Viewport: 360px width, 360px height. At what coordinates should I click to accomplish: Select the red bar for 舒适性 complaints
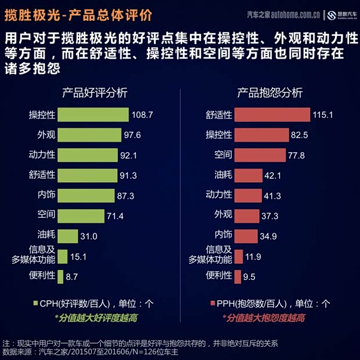pyautogui.click(x=272, y=114)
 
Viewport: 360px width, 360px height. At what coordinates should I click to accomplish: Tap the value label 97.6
pyautogui.click(x=132, y=135)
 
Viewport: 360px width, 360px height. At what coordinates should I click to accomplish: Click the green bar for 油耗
pyautogui.click(x=68, y=236)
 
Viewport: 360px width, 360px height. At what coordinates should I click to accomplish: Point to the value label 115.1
pyautogui.click(x=323, y=115)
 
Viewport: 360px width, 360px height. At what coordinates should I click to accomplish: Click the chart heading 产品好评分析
pyautogui.click(x=95, y=93)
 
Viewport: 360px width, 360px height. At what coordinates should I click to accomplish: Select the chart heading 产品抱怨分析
pyautogui.click(x=269, y=93)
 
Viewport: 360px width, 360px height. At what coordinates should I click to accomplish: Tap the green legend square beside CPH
pyautogui.click(x=35, y=303)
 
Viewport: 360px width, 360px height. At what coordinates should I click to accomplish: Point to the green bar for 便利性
pyautogui.click(x=60, y=276)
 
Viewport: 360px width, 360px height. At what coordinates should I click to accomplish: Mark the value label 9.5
pyautogui.click(x=250, y=277)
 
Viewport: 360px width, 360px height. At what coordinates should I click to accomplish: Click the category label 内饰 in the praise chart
pyautogui.click(x=46, y=195)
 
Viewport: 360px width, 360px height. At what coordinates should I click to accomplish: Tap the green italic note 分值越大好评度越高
pyautogui.click(x=96, y=318)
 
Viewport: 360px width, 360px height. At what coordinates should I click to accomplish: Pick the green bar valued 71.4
pyautogui.click(x=81, y=215)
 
